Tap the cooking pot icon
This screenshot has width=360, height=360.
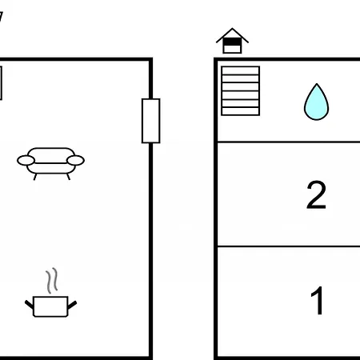[50, 306]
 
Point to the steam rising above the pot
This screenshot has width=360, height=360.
[52, 280]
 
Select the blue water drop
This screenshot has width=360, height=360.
[316, 102]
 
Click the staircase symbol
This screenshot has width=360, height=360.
[241, 91]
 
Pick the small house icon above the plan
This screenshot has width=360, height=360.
[232, 41]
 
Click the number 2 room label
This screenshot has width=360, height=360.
[316, 194]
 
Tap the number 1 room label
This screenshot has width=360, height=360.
[318, 300]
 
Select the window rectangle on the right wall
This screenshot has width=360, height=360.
[151, 121]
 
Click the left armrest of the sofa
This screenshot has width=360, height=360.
[26, 161]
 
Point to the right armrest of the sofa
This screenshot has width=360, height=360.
[75, 161]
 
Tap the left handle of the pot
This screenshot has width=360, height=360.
[30, 304]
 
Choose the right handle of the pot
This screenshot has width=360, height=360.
[72, 305]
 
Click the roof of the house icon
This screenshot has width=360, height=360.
[232, 35]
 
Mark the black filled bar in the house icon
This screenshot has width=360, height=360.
[232, 42]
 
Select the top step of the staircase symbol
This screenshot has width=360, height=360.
[241, 70]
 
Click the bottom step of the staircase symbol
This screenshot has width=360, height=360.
[241, 111]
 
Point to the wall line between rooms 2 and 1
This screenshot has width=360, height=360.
[289, 246]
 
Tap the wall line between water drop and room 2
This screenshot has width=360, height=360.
[289, 142]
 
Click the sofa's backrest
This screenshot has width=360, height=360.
[51, 154]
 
